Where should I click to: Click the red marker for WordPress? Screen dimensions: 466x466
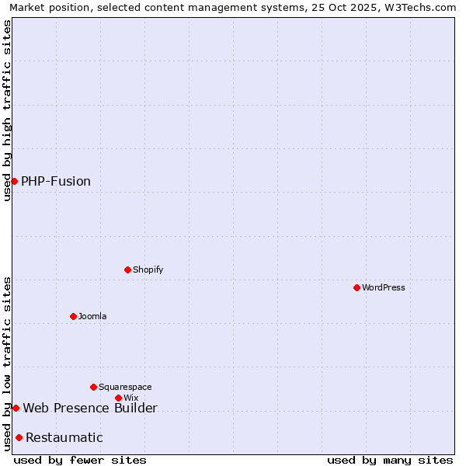pyautogui.click(x=356, y=287)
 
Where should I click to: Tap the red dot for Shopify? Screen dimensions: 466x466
pyautogui.click(x=127, y=270)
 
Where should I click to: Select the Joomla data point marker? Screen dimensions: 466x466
pyautogui.click(x=73, y=316)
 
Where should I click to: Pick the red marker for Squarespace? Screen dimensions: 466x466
pyautogui.click(x=93, y=387)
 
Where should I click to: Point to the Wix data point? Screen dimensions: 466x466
pyautogui.click(x=118, y=398)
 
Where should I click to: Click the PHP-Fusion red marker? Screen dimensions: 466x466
pyautogui.click(x=14, y=181)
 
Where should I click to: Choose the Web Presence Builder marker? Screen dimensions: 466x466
pyautogui.click(x=16, y=408)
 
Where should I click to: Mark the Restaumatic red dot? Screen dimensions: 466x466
pyautogui.click(x=19, y=437)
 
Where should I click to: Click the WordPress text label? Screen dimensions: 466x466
pyautogui.click(x=384, y=287)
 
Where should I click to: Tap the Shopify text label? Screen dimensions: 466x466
pyautogui.click(x=148, y=270)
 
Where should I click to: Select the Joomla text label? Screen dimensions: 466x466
pyautogui.click(x=92, y=316)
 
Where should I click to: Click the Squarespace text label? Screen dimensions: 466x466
pyautogui.click(x=125, y=387)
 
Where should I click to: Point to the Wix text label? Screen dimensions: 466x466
pyautogui.click(x=131, y=398)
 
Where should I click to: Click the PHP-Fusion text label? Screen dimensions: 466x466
pyautogui.click(x=56, y=181)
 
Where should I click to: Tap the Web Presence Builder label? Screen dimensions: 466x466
pyautogui.click(x=90, y=408)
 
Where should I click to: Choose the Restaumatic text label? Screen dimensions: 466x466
pyautogui.click(x=64, y=437)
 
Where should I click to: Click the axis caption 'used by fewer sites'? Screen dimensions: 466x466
pyautogui.click(x=80, y=460)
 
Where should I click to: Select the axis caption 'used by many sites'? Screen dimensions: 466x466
pyautogui.click(x=390, y=460)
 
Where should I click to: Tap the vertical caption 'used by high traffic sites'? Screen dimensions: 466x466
pyautogui.click(x=7, y=110)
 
